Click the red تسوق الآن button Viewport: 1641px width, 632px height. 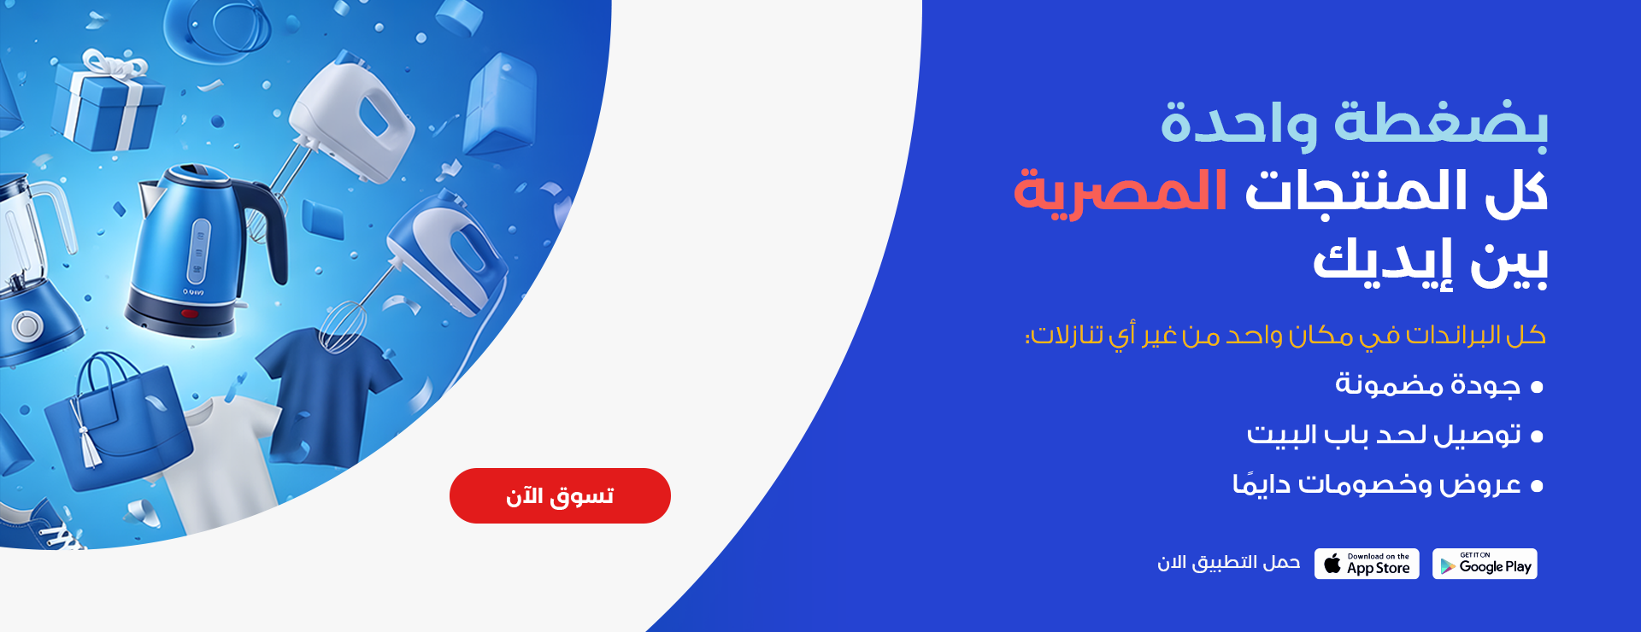tap(560, 495)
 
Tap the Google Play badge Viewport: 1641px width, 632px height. tap(1485, 564)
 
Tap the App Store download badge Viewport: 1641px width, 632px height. tap(1367, 564)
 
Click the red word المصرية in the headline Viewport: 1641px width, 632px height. tap(1120, 192)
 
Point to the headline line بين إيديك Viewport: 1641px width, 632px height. tap(1430, 261)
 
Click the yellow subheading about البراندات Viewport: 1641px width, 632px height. tap(1285, 336)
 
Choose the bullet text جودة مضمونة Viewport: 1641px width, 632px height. tap(1428, 385)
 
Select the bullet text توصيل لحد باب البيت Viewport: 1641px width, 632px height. tap(1384, 435)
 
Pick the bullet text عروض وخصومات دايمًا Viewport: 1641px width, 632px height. tap(1377, 484)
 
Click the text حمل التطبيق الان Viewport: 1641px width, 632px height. tap(1228, 563)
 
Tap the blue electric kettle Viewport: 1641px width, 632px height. tap(202, 252)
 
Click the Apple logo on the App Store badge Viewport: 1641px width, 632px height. tap(1332, 563)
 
